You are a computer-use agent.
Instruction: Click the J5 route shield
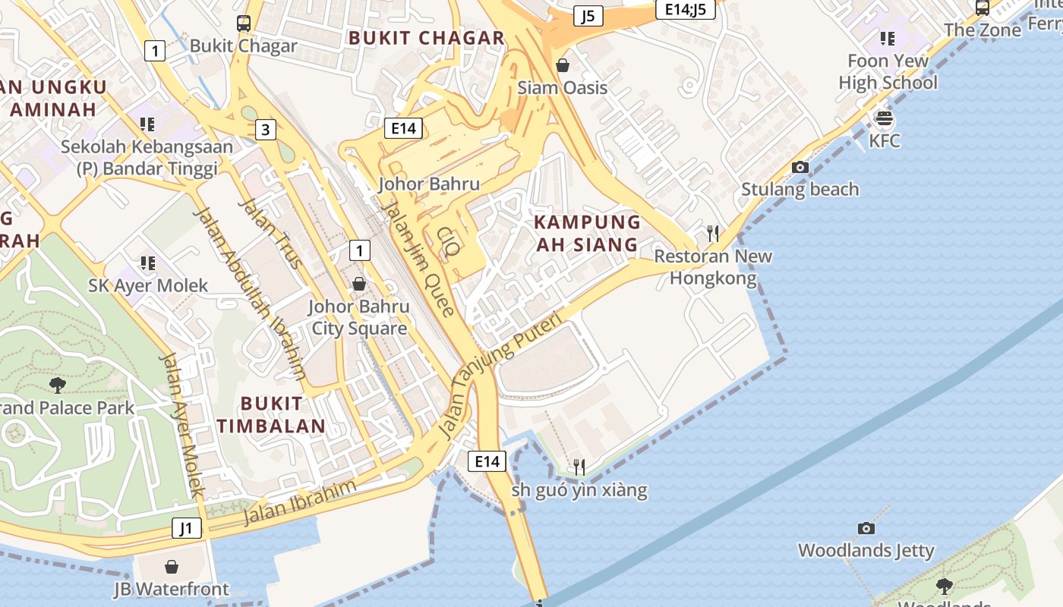pyautogui.click(x=588, y=16)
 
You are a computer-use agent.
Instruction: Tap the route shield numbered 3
pyautogui.click(x=264, y=130)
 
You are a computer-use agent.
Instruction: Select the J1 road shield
pyautogui.click(x=187, y=528)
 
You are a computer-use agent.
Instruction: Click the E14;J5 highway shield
pyautogui.click(x=685, y=9)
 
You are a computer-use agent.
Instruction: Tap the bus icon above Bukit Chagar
pyautogui.click(x=243, y=24)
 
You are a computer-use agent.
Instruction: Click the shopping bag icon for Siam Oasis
pyautogui.click(x=563, y=65)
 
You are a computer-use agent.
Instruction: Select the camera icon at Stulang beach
pyautogui.click(x=800, y=167)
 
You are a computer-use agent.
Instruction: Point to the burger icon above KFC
pyautogui.click(x=884, y=118)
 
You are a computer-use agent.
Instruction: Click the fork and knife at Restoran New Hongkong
pyautogui.click(x=712, y=233)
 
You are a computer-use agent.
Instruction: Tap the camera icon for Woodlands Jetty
pyautogui.click(x=866, y=528)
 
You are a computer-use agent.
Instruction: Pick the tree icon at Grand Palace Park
pyautogui.click(x=57, y=385)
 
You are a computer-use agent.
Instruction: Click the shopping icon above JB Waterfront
pyautogui.click(x=172, y=567)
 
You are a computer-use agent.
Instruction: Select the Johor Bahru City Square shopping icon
pyautogui.click(x=358, y=284)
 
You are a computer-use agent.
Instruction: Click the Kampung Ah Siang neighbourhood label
pyautogui.click(x=587, y=234)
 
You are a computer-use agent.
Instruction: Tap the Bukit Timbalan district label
pyautogui.click(x=271, y=414)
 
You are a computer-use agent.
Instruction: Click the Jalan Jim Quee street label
pyautogui.click(x=418, y=258)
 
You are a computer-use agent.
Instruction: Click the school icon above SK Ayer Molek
pyautogui.click(x=147, y=263)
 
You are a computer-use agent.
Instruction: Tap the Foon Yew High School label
pyautogui.click(x=888, y=71)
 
